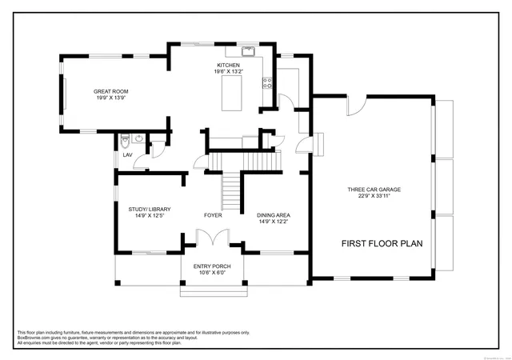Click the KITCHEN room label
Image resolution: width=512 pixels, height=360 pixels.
228,65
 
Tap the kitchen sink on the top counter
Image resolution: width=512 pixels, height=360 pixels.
248,53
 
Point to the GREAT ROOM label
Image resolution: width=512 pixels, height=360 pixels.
112,91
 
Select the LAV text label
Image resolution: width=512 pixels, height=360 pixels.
126,154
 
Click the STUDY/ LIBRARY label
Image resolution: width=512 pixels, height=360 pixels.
150,209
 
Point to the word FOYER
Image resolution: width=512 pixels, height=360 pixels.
213,215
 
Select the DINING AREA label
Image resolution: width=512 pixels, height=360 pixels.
274,215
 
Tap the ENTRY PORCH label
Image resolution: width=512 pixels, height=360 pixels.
212,266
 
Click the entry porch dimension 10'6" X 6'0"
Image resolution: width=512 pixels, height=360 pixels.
212,272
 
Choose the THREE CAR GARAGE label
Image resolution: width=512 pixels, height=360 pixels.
374,190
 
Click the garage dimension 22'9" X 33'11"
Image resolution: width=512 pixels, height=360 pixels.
374,196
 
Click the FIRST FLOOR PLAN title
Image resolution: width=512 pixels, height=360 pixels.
382,243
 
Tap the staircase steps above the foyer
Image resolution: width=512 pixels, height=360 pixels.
231,190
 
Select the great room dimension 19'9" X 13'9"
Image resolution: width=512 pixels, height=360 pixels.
112,98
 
